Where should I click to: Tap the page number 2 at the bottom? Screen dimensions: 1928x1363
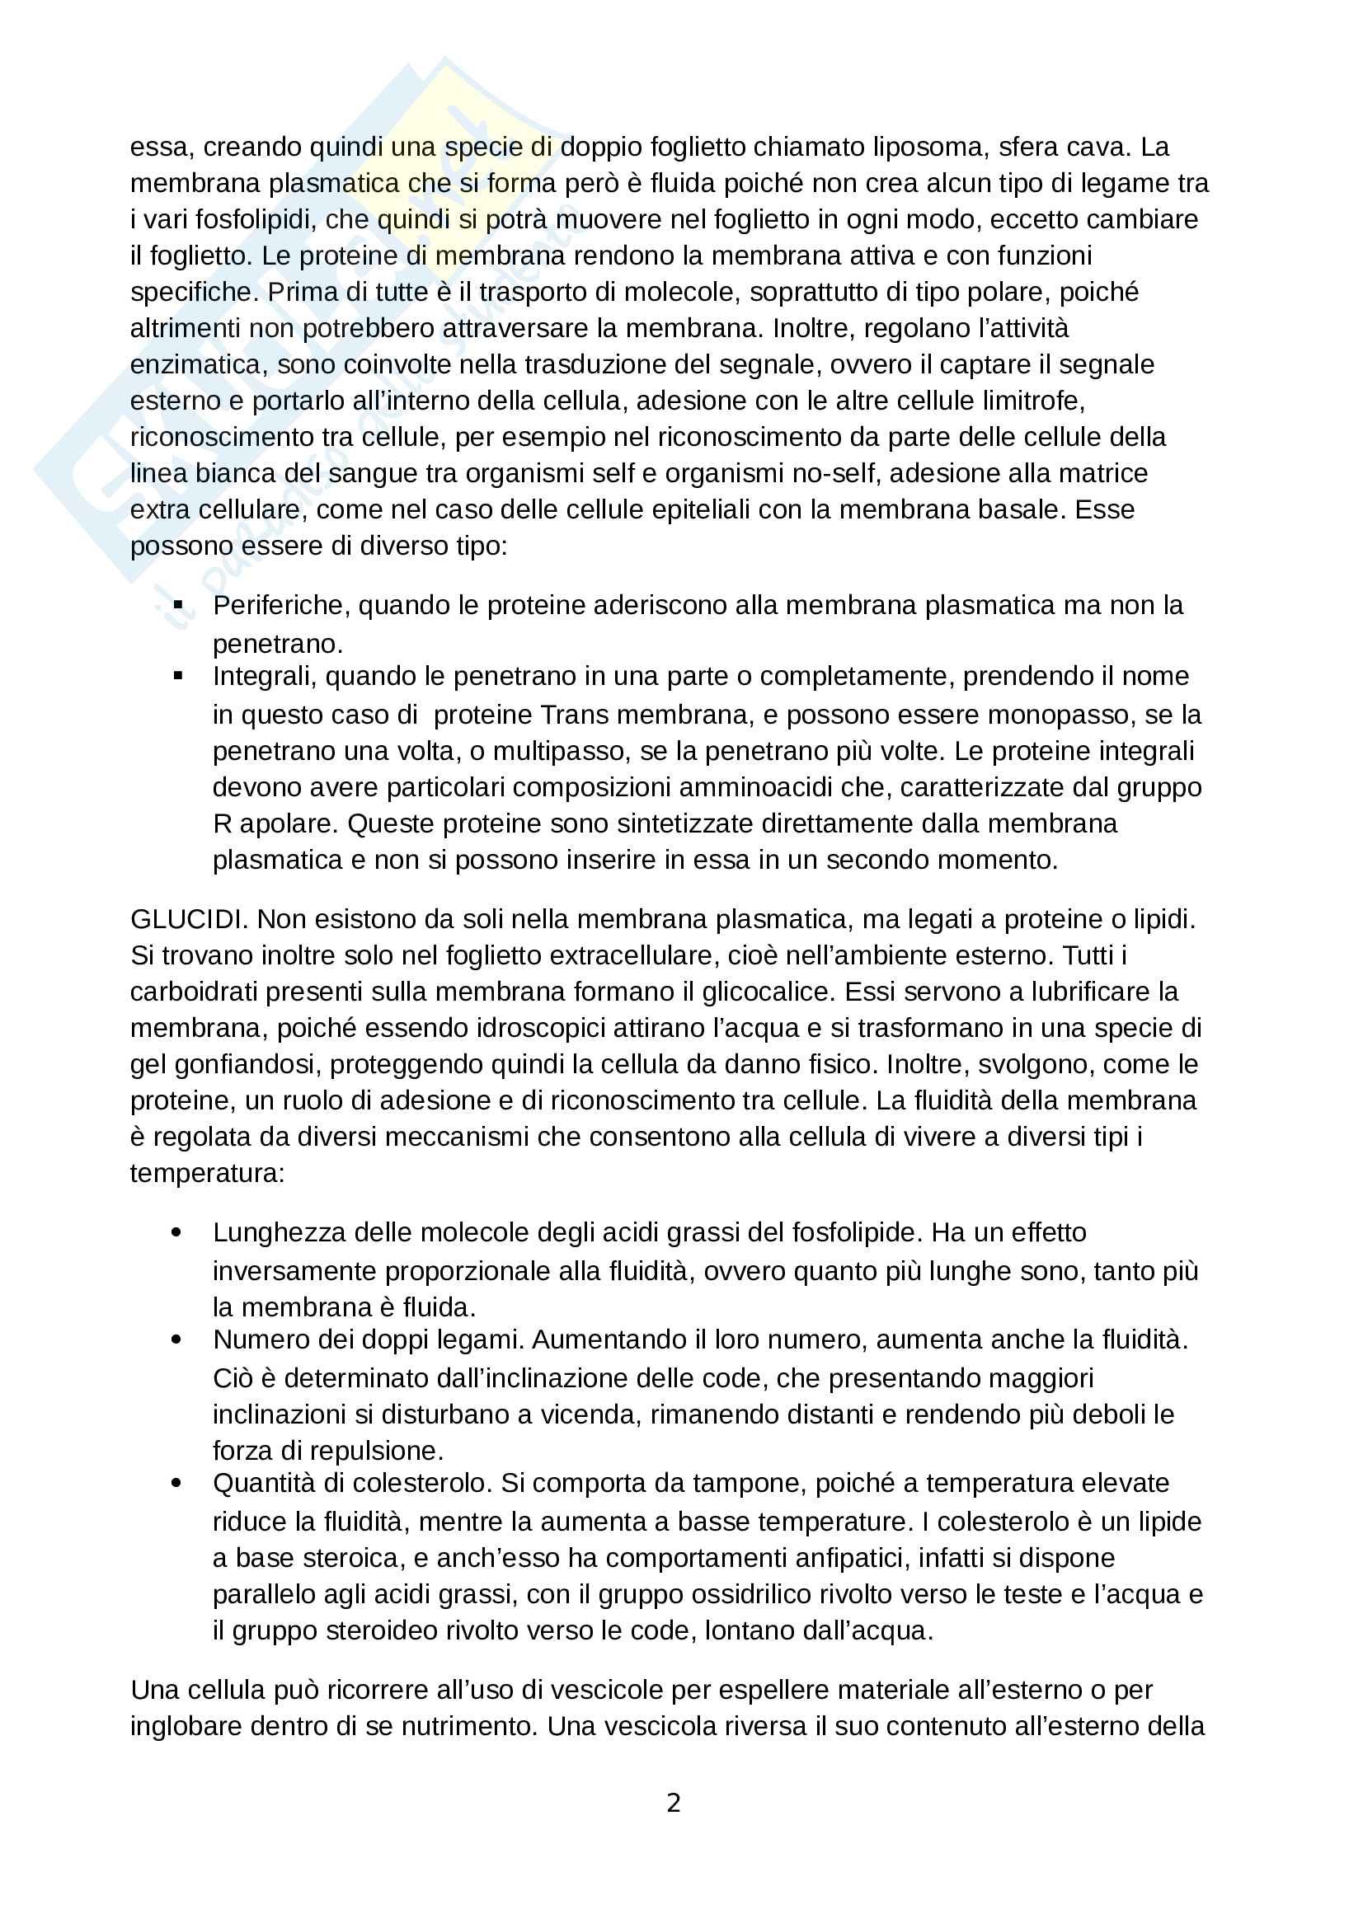tap(674, 1802)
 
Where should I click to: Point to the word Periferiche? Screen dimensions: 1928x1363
tap(279, 606)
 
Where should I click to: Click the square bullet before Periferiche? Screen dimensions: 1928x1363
tap(178, 604)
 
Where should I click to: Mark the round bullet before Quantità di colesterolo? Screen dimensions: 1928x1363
tap(176, 1484)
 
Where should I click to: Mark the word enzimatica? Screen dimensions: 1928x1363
tap(195, 364)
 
